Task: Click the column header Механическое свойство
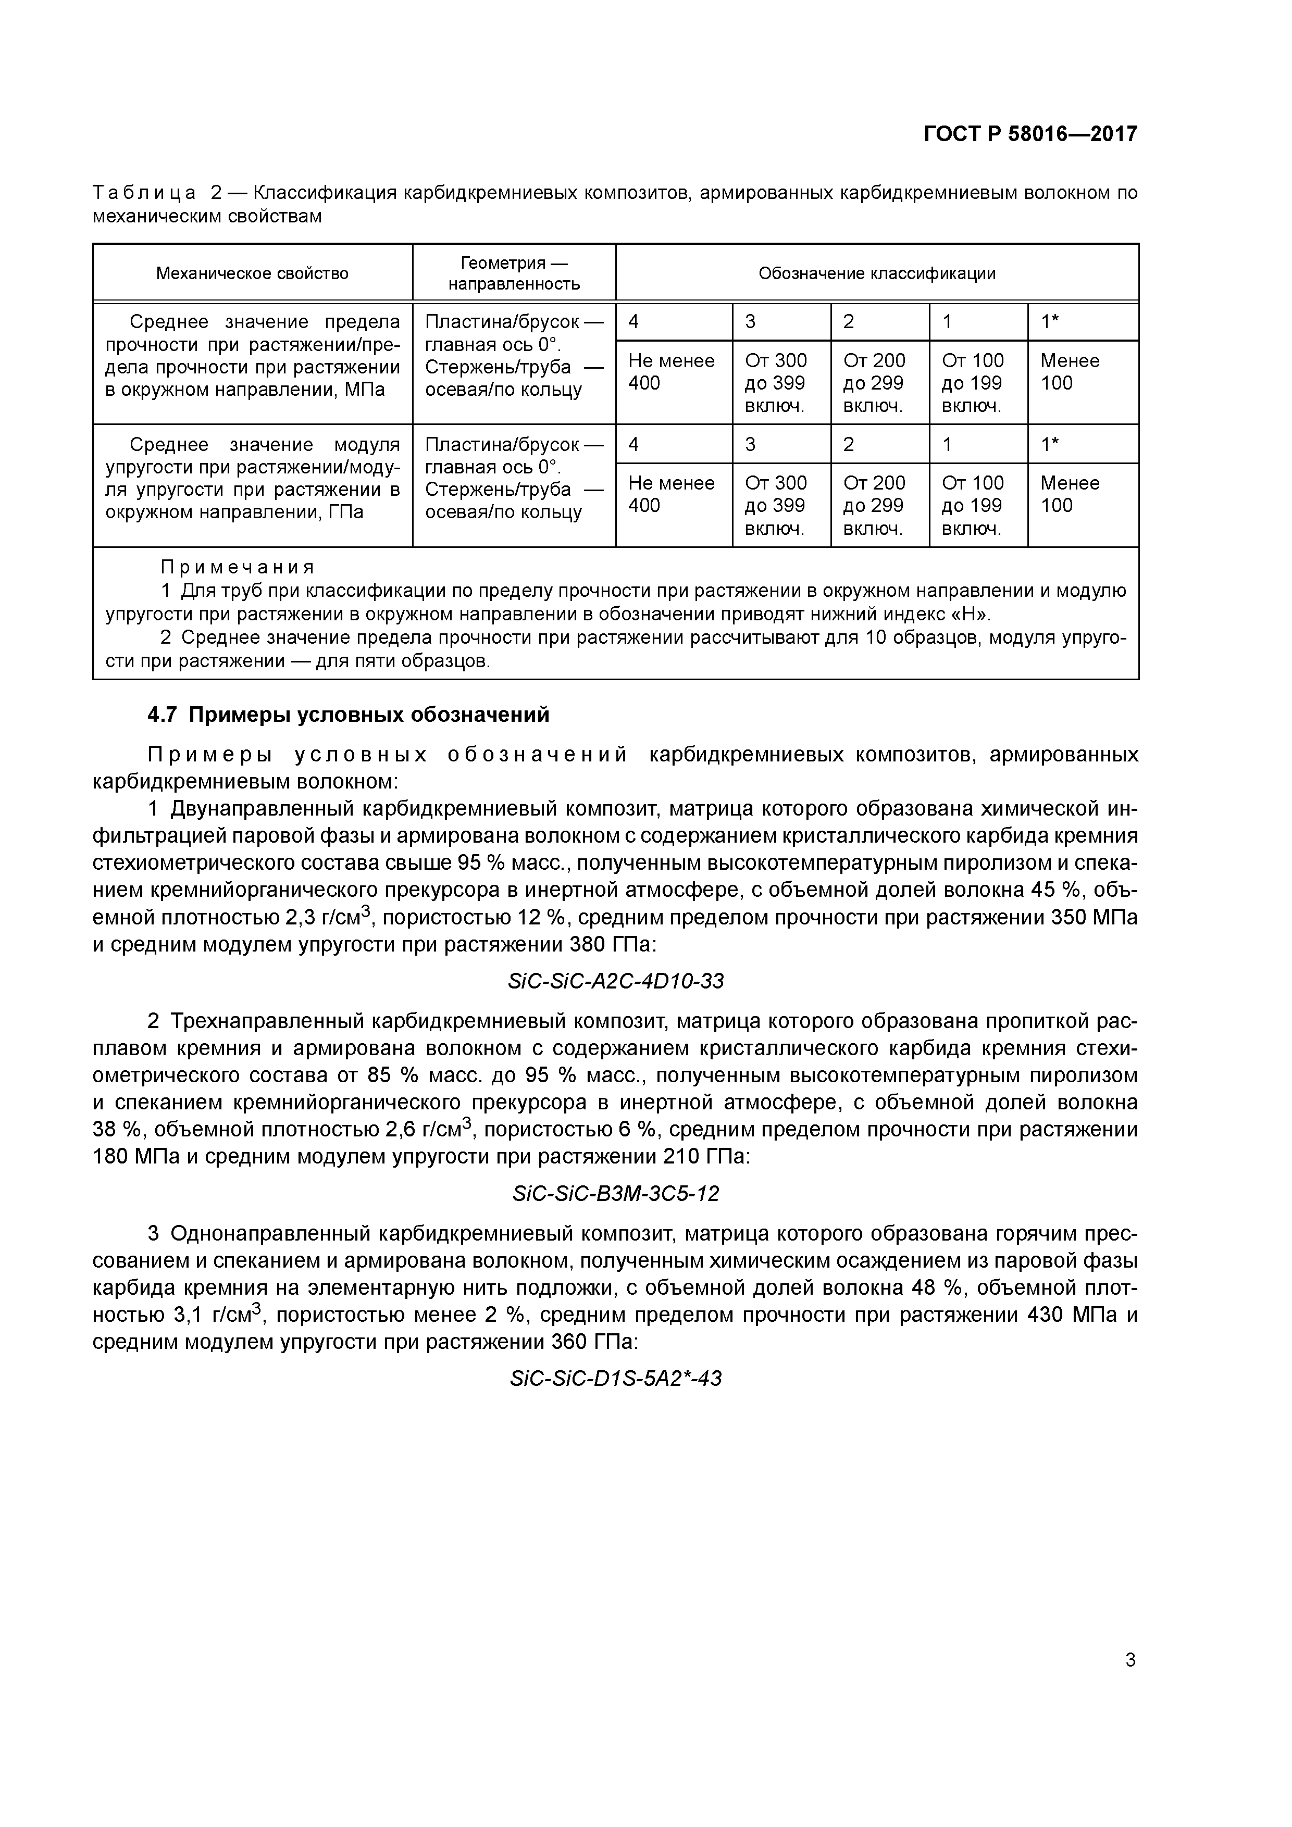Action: [252, 274]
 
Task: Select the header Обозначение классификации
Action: [876, 274]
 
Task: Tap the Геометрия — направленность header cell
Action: [514, 274]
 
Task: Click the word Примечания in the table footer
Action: [237, 567]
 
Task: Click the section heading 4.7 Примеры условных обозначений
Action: [349, 715]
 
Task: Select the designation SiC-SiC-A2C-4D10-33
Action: [615, 981]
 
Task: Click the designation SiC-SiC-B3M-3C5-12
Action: [615, 1194]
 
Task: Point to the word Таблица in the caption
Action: [144, 193]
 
